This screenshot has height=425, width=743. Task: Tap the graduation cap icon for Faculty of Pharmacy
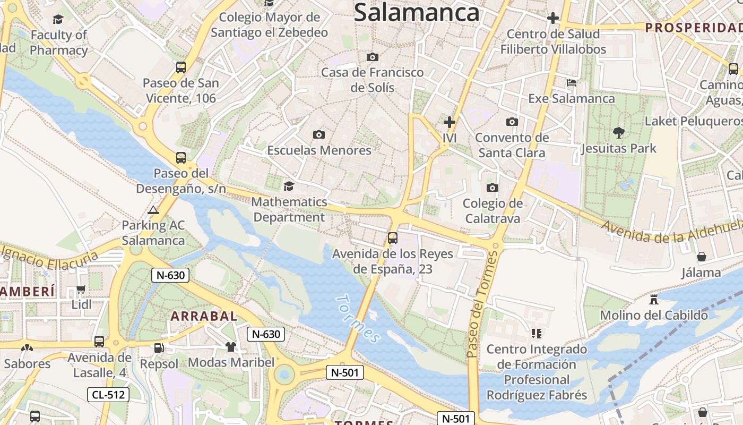(58, 20)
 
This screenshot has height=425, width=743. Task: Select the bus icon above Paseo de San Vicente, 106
(181, 67)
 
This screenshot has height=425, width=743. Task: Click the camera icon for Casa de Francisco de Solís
(373, 57)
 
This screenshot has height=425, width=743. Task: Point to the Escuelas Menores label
(319, 150)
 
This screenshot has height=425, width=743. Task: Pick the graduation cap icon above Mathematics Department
(289, 186)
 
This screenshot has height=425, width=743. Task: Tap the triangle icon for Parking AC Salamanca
(153, 210)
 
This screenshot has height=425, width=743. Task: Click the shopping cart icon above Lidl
(81, 290)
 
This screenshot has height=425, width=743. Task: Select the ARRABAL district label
(203, 316)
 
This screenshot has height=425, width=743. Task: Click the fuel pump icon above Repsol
(159, 348)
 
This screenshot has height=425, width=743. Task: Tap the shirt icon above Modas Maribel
(231, 347)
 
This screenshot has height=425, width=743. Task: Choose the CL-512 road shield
(108, 394)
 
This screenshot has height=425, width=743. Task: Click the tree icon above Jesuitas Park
(618, 132)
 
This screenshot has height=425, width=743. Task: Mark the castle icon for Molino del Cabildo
(654, 300)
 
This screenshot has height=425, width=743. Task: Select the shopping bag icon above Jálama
(702, 257)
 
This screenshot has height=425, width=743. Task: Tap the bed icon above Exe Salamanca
(572, 83)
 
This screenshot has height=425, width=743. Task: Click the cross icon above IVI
(450, 122)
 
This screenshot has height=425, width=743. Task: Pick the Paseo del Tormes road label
(480, 304)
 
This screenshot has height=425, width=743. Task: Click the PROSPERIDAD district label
(693, 28)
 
